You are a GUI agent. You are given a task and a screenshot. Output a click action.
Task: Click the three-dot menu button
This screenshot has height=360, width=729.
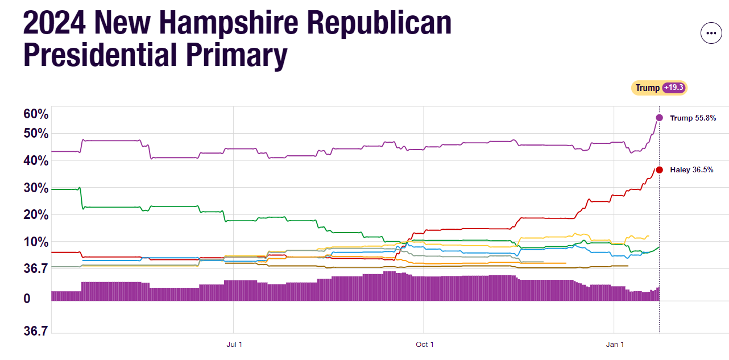click(711, 33)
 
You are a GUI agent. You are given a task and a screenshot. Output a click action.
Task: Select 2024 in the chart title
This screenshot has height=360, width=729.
click(54, 23)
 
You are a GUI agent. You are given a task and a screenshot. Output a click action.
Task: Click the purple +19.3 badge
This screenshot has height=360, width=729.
click(674, 88)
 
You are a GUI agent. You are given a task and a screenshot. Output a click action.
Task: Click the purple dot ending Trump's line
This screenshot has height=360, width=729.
click(659, 118)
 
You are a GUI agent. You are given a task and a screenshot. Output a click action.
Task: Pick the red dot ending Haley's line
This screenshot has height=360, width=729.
click(659, 169)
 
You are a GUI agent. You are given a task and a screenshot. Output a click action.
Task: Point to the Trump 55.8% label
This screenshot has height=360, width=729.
click(693, 118)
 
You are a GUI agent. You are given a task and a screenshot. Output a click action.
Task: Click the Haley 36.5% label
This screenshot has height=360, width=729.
click(691, 170)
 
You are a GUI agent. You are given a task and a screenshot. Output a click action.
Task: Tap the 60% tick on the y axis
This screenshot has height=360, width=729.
click(36, 114)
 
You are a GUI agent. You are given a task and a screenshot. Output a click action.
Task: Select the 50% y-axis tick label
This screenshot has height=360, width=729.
click(36, 133)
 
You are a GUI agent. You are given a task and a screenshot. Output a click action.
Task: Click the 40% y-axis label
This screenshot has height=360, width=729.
click(36, 160)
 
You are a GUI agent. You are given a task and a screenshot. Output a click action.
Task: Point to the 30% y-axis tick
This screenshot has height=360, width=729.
click(36, 188)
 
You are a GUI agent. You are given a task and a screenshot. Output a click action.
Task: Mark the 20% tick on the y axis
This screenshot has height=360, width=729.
click(36, 215)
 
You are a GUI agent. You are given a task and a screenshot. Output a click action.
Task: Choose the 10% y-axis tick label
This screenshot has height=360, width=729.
click(36, 242)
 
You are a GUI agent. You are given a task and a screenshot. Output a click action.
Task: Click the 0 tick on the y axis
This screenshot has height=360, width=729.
click(27, 299)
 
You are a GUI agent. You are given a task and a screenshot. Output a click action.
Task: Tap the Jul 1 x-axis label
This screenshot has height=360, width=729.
click(234, 345)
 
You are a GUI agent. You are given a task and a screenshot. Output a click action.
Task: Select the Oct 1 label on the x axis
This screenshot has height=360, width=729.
click(424, 345)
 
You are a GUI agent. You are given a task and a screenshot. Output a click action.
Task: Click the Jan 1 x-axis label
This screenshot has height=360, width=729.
click(615, 345)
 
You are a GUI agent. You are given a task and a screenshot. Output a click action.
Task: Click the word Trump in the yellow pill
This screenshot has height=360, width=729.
click(647, 88)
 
